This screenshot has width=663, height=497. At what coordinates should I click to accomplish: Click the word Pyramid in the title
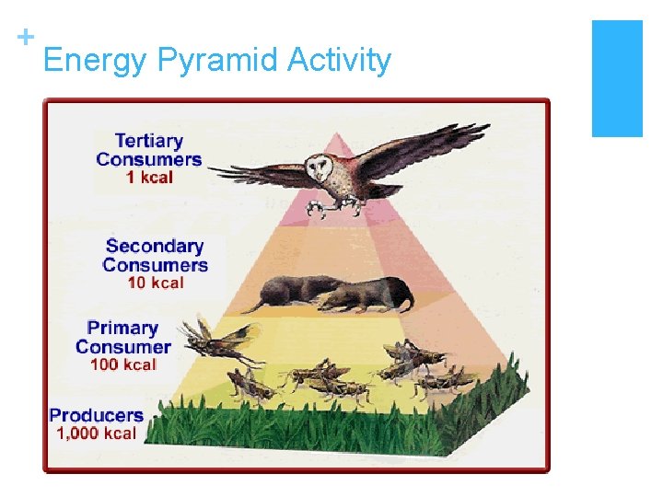pyautogui.click(x=217, y=61)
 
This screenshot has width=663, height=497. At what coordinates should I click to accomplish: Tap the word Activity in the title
pyautogui.click(x=339, y=61)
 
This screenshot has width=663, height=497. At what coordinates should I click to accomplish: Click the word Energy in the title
pyautogui.click(x=95, y=61)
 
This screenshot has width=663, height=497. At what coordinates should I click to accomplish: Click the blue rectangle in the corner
pyautogui.click(x=616, y=78)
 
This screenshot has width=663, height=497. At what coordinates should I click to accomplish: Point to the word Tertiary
pyautogui.click(x=148, y=141)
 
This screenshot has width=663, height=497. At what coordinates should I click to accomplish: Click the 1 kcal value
pyautogui.click(x=149, y=178)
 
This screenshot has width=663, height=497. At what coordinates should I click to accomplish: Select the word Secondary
pyautogui.click(x=154, y=246)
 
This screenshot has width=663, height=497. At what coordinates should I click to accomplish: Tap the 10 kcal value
pyautogui.click(x=155, y=283)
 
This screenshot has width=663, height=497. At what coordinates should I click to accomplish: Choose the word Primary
pyautogui.click(x=122, y=328)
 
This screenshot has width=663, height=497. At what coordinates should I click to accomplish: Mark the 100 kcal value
pyautogui.click(x=122, y=364)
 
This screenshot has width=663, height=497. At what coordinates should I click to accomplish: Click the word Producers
pyautogui.click(x=96, y=415)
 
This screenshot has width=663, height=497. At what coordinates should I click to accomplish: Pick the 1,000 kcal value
pyautogui.click(x=96, y=433)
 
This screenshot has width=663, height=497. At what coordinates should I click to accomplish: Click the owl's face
pyautogui.click(x=320, y=168)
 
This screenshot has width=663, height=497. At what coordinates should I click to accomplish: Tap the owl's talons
pyautogui.click(x=329, y=209)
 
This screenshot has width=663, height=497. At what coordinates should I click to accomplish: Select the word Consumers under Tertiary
pyautogui.click(x=148, y=159)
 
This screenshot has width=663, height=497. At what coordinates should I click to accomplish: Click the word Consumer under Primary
pyautogui.click(x=122, y=347)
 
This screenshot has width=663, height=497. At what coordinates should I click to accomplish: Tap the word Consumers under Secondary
pyautogui.click(x=155, y=265)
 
